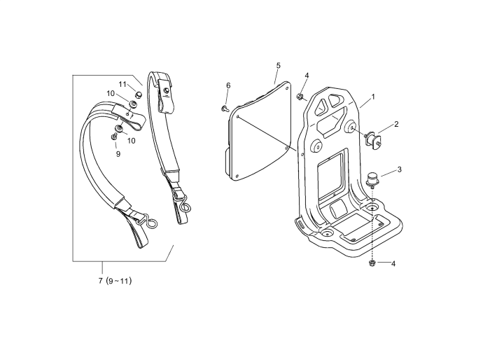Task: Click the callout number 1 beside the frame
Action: (373, 97)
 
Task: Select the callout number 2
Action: (396, 124)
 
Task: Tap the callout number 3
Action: (399, 169)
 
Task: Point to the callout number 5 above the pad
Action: (278, 65)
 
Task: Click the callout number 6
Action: (228, 85)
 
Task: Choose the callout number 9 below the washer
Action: (118, 153)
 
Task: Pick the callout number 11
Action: (122, 84)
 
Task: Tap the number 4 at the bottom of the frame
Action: (393, 264)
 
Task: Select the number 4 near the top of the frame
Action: (306, 76)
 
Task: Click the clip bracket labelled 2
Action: (373, 139)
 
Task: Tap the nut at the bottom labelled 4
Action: (372, 263)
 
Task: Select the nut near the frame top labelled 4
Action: (300, 95)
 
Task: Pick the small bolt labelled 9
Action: (115, 137)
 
